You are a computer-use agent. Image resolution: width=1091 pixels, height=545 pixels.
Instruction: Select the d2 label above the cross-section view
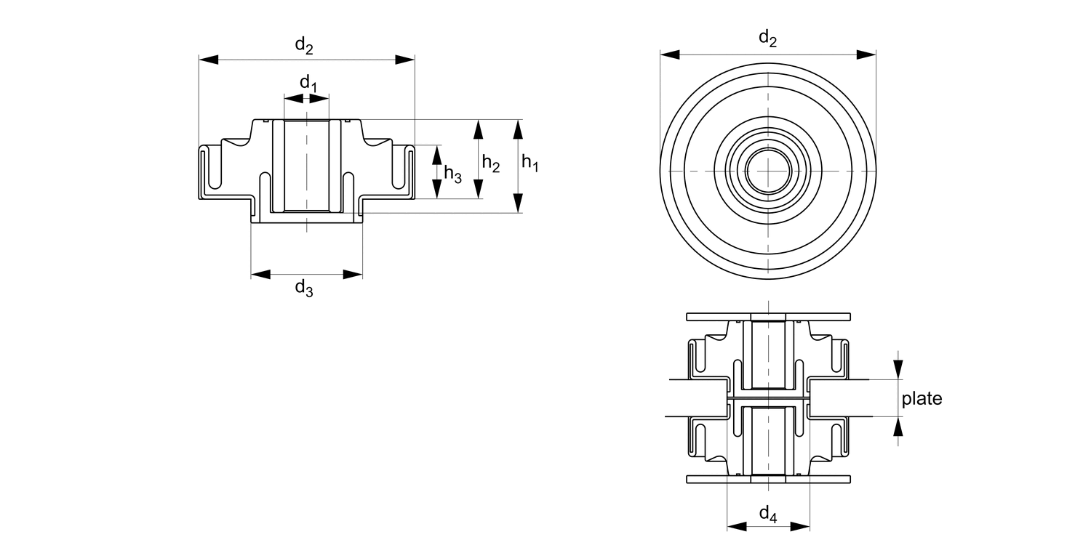click(x=304, y=45)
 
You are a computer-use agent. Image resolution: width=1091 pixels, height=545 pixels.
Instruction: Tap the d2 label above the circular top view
click(x=767, y=38)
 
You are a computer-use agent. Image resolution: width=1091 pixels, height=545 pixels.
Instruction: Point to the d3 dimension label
click(x=304, y=288)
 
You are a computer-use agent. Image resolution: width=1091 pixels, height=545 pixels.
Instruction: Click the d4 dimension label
click(x=768, y=514)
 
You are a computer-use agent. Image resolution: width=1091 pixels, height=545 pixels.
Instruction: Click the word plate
click(x=922, y=398)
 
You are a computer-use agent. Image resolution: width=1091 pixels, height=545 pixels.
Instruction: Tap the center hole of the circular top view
click(x=768, y=171)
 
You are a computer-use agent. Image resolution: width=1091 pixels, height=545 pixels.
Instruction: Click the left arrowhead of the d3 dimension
click(x=260, y=274)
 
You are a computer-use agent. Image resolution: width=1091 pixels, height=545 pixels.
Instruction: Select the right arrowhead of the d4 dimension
click(x=801, y=526)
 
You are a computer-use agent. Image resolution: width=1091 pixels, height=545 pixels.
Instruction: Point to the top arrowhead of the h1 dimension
click(x=518, y=129)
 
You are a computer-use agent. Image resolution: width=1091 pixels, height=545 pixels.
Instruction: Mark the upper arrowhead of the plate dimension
click(x=899, y=370)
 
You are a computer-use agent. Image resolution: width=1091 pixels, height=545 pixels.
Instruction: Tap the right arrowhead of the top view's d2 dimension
click(x=866, y=54)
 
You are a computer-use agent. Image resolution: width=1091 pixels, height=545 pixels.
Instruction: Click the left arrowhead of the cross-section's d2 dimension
click(x=209, y=60)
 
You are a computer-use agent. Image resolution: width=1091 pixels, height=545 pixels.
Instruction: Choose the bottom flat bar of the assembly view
click(x=768, y=479)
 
